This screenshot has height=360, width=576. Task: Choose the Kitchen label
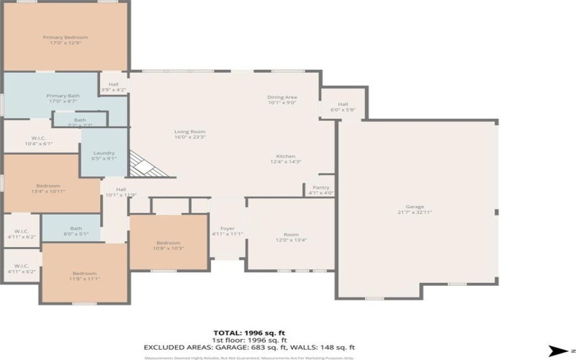(x=286, y=159)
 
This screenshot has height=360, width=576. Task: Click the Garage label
(x=415, y=209)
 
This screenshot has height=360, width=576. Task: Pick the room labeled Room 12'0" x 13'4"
(x=291, y=237)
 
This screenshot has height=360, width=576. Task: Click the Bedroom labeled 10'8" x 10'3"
(x=168, y=246)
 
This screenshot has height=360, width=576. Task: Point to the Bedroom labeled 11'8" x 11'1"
(x=84, y=276)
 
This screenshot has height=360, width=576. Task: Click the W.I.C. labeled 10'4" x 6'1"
(x=39, y=140)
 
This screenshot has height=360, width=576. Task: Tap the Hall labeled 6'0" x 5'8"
(x=343, y=107)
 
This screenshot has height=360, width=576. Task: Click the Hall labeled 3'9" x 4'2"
(x=114, y=87)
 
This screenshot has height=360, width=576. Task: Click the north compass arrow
(x=557, y=351)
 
